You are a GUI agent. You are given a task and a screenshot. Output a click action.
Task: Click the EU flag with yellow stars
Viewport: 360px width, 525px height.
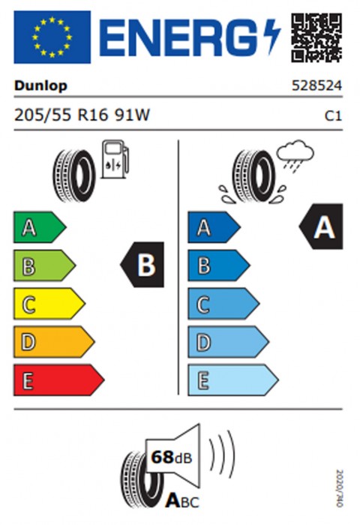(52, 37)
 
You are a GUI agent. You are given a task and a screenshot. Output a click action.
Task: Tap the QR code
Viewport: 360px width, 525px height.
(316, 37)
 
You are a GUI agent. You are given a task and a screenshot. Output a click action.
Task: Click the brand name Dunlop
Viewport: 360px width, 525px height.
(40, 86)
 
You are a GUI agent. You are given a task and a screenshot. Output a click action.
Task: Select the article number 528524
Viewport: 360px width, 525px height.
(316, 85)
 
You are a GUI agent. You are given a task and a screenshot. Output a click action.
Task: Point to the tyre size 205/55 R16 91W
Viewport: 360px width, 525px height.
(82, 115)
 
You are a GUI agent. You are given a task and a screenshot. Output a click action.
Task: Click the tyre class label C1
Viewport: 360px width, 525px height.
(334, 115)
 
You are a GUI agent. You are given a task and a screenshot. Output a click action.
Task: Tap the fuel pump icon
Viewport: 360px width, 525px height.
(115, 159)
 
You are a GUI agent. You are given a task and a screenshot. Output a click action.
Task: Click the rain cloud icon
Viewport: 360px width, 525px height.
(295, 156)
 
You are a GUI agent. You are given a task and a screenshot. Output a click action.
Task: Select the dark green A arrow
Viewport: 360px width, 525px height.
(40, 227)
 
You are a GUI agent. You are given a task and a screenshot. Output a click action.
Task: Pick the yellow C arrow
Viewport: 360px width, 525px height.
(49, 304)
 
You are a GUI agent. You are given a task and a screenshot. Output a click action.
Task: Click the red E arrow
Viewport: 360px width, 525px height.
(59, 380)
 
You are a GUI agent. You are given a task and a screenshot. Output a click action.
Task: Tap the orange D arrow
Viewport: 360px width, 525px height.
(54, 342)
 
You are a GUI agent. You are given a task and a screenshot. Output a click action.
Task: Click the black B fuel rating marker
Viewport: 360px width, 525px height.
(142, 265)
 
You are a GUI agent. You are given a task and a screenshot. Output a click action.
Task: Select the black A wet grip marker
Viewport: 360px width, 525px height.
(321, 226)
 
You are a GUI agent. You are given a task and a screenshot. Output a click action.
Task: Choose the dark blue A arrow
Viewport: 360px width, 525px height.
(214, 227)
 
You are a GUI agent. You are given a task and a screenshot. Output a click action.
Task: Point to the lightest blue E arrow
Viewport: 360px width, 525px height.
(233, 380)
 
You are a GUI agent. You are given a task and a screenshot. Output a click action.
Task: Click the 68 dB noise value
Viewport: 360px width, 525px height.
(172, 457)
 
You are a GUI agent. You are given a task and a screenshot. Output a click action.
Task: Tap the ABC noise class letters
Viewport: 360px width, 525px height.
(182, 501)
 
